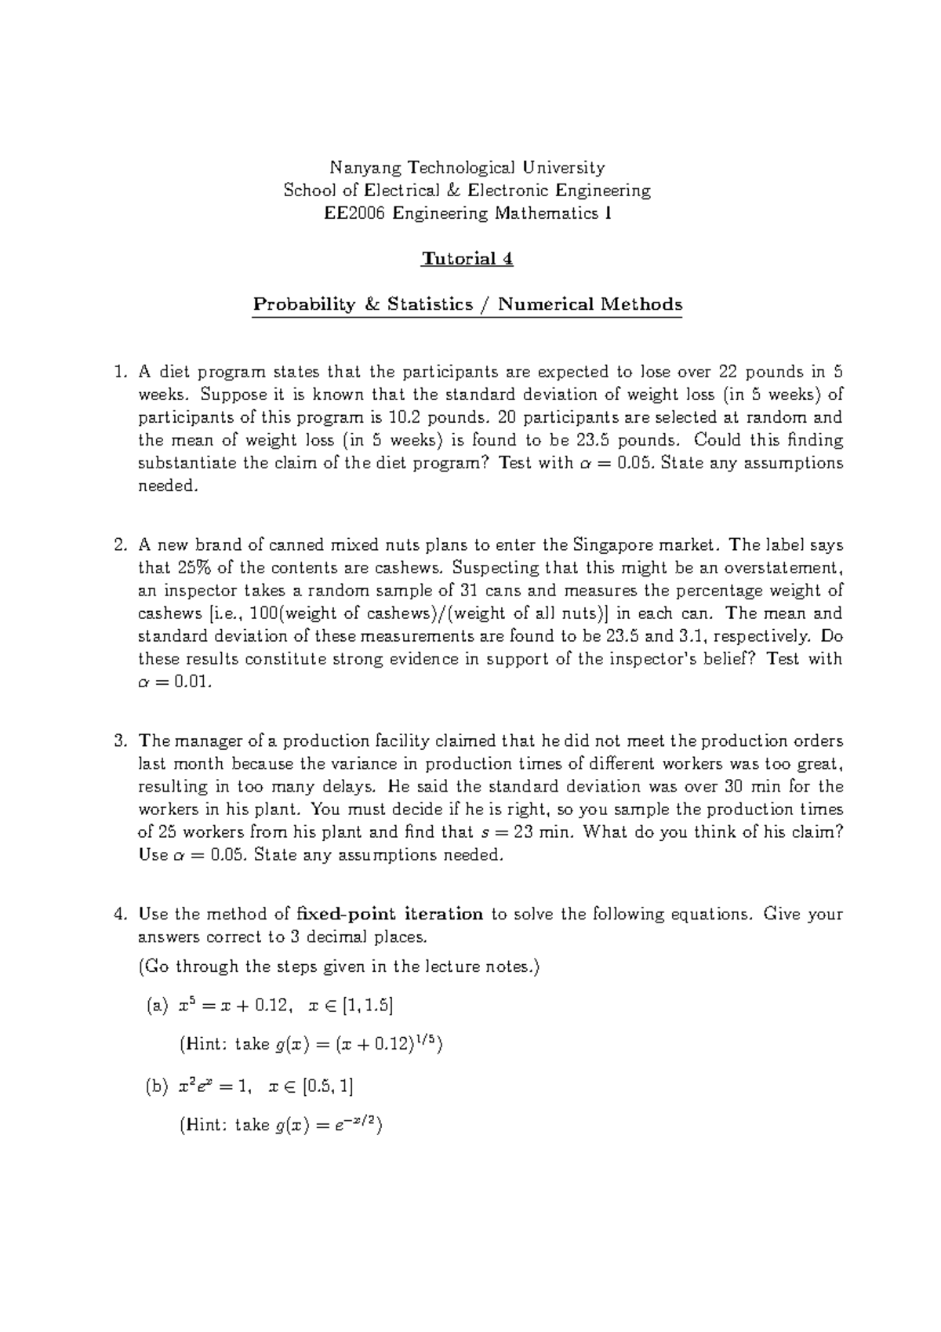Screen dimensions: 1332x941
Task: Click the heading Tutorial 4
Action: [467, 259]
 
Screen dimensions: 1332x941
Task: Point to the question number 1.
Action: [119, 372]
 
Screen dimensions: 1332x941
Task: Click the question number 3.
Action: [119, 741]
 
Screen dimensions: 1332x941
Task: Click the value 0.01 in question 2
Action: [191, 682]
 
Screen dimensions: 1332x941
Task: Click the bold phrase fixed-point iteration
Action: [391, 914]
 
